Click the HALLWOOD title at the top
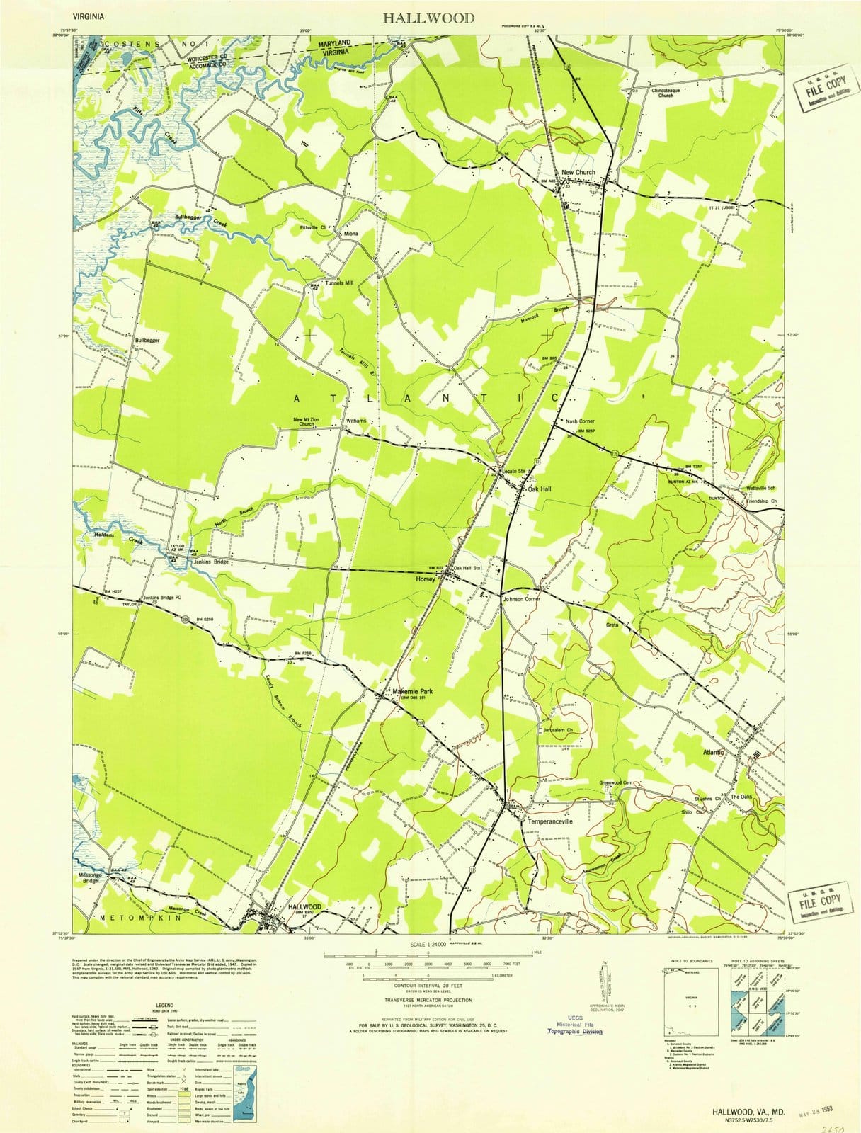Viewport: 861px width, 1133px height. coord(429,18)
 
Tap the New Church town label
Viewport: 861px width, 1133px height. coord(578,173)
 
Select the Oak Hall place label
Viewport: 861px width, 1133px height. coord(539,489)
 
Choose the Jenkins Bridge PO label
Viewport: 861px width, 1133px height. coord(162,598)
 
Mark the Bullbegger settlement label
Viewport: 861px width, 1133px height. coord(147,341)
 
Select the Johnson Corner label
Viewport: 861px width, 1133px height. coord(521,599)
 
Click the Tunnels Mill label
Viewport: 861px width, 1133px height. coord(339,283)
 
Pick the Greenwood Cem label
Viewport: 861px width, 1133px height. coord(620,782)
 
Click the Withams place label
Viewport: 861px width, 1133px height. coord(356,421)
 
